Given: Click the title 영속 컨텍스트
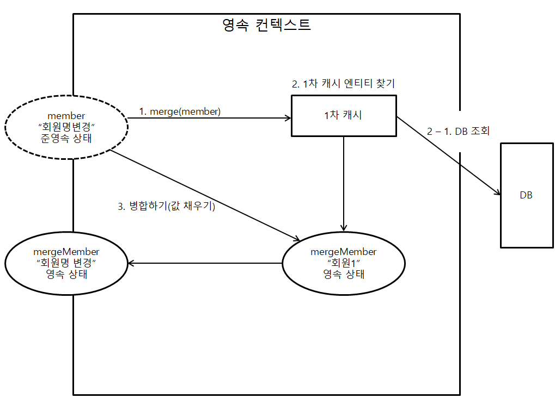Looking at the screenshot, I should pos(266,25).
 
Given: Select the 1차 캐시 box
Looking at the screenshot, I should pos(344,116).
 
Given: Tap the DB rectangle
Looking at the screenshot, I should pos(526,195).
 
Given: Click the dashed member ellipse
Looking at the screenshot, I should pos(66,128).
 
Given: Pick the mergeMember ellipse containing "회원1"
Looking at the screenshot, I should pos(344,263).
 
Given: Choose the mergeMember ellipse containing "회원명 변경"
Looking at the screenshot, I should pos(66,263).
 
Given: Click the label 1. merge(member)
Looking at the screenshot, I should pos(180,111).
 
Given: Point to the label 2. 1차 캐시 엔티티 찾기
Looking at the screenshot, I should pos(343,84).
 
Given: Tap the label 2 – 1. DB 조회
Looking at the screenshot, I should pos(458,131).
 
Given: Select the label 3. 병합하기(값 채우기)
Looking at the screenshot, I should pos(167,207).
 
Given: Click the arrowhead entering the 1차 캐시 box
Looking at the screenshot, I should pos(288,117).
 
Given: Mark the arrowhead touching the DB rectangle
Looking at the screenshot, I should pos(497,192).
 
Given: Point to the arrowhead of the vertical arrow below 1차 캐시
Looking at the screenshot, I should pos(344,227).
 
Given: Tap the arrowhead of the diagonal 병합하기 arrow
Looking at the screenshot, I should pos(297,239).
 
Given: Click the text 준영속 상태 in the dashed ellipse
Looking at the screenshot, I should pos(66,139).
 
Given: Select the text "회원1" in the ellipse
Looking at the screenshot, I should pos(344,263).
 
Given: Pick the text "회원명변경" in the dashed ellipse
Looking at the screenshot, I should pos(66,128).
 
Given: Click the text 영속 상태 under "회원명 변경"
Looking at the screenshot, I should pos(66,274).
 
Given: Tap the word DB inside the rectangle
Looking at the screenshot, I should pos(526,195).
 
